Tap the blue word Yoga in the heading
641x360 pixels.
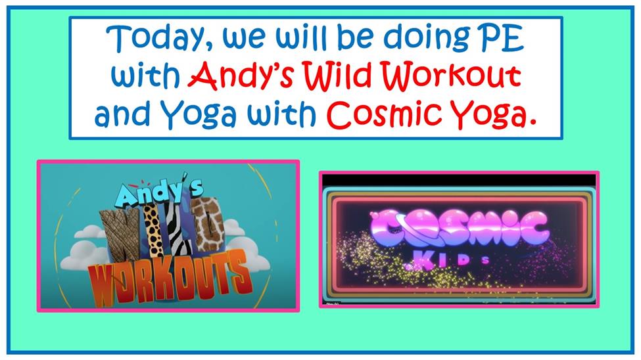point(198,114)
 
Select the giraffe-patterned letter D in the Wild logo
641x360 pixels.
point(208,224)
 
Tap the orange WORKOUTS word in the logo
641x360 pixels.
point(168,279)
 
